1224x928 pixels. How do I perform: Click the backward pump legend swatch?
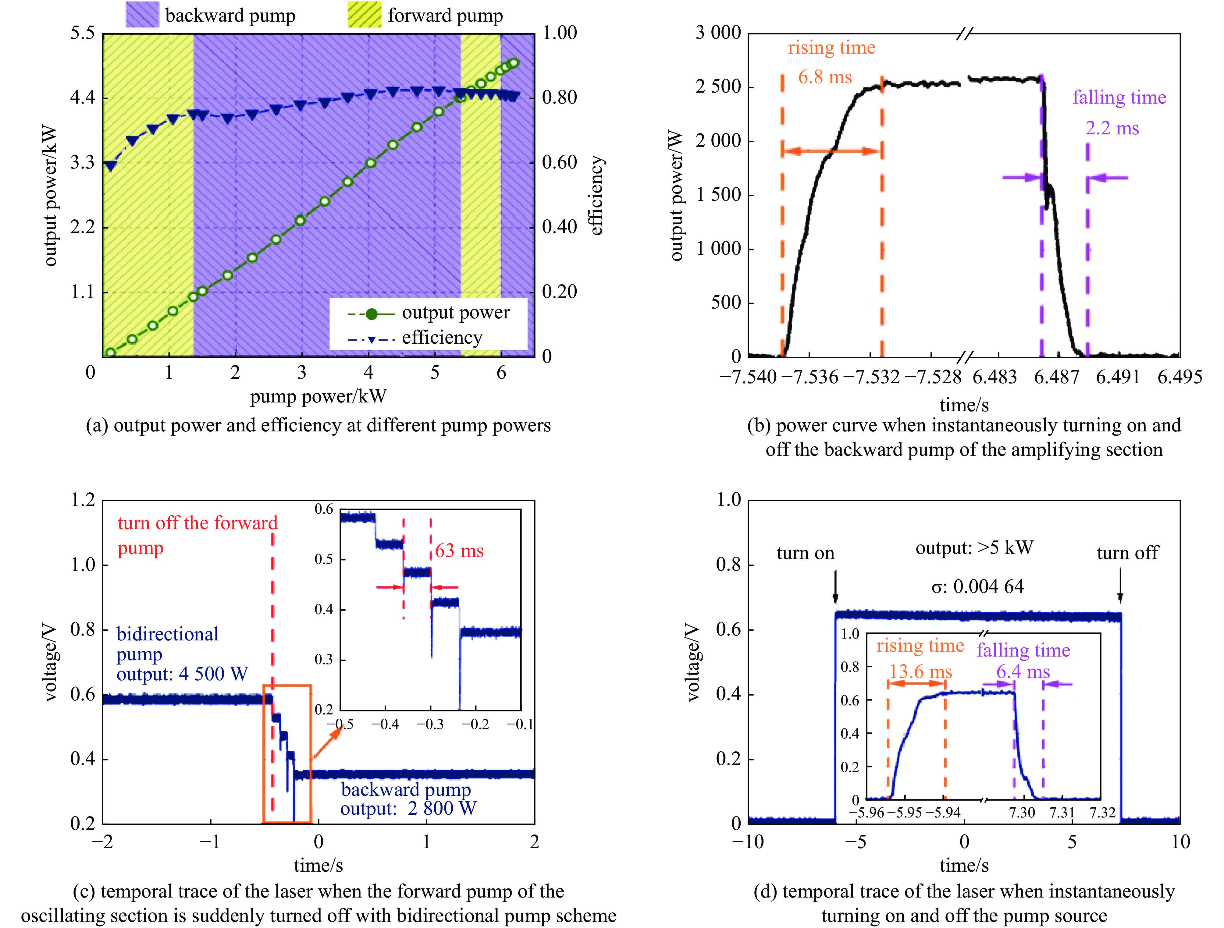(x=142, y=15)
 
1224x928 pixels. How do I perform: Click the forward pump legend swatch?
(x=364, y=15)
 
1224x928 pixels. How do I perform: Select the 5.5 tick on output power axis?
(x=83, y=33)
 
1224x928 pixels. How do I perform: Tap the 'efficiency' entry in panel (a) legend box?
(x=442, y=337)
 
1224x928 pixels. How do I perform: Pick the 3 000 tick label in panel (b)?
(x=718, y=33)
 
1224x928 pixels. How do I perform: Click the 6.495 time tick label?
(x=1180, y=377)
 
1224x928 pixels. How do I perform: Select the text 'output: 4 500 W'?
(x=182, y=674)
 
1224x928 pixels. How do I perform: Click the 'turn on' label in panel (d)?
(x=805, y=553)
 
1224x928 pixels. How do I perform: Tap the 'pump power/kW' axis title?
(x=318, y=396)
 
